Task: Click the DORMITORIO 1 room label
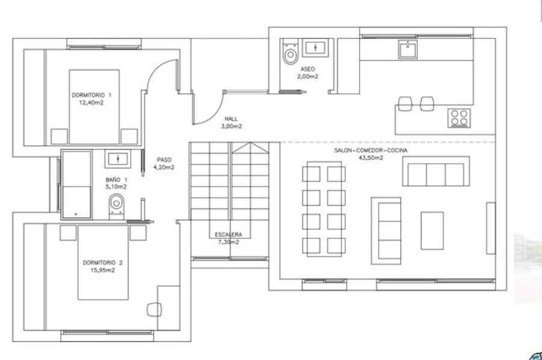pyautogui.click(x=92, y=95)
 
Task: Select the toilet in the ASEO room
pyautogui.click(x=291, y=53)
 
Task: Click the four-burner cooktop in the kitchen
pyautogui.click(x=459, y=117)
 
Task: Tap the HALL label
pyautogui.click(x=232, y=119)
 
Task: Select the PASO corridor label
pyautogui.click(x=164, y=160)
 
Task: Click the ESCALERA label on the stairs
pyautogui.click(x=228, y=234)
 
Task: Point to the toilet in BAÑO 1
pyautogui.click(x=116, y=205)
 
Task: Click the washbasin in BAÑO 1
pyautogui.click(x=117, y=159)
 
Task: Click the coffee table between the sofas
pyautogui.click(x=432, y=230)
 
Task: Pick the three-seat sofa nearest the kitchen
pyautogui.click(x=436, y=171)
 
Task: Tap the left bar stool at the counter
pyautogui.click(x=405, y=104)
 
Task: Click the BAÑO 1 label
pyautogui.click(x=117, y=180)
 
